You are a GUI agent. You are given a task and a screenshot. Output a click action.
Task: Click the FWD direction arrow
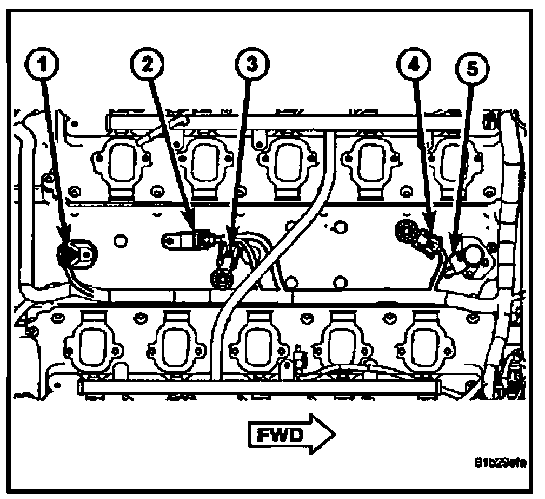pos(292,434)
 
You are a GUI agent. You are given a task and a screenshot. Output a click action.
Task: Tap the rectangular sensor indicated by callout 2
pos(185,239)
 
